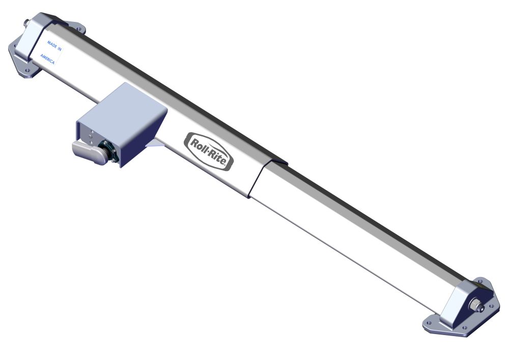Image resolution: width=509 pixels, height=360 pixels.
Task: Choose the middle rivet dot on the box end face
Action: (91, 136)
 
